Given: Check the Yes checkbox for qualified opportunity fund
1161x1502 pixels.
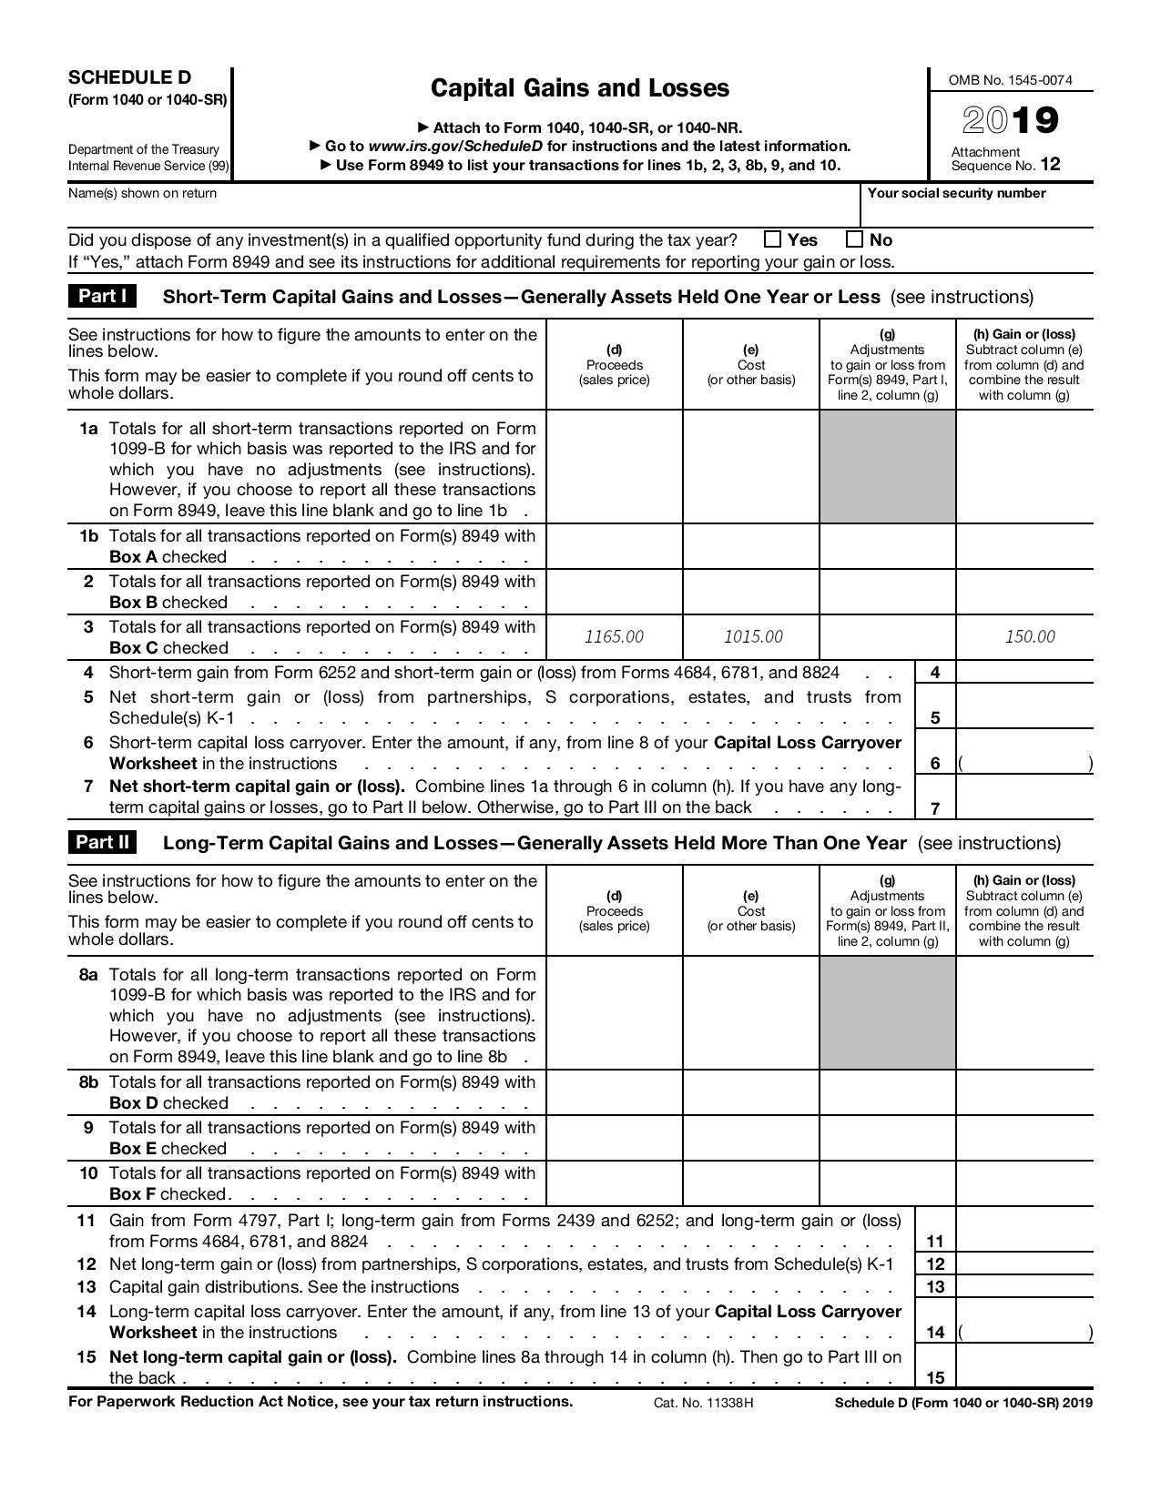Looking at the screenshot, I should [x=773, y=239].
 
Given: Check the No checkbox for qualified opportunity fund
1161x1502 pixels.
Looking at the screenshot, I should [x=854, y=239].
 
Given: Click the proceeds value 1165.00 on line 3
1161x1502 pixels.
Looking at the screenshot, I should [x=614, y=636].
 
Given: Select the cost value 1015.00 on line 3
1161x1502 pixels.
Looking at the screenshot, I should [x=752, y=636].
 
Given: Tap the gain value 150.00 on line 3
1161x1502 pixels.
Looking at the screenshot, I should [x=1030, y=636].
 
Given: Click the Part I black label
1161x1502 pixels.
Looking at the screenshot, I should [x=102, y=296].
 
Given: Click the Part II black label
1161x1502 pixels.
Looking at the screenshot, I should [x=102, y=842].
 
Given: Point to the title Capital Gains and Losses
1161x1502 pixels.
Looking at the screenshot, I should [x=579, y=88].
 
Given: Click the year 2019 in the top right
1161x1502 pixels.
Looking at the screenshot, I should [x=1011, y=120].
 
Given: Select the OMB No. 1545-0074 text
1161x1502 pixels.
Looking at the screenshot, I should [x=1010, y=80].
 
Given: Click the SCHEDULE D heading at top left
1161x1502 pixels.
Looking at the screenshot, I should [x=129, y=77].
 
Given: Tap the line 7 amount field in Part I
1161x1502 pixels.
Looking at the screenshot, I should [x=1024, y=797].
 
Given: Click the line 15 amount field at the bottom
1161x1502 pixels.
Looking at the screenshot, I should [x=1024, y=1365].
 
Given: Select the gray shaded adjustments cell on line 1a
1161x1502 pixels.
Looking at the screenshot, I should [x=888, y=466].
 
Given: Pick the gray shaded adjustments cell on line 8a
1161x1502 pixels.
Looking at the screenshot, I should [x=888, y=1012].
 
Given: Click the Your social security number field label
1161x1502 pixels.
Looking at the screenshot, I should [x=956, y=193].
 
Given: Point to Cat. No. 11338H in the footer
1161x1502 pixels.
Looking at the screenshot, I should [x=703, y=1403].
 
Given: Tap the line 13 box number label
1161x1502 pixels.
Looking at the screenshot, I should [x=935, y=1287].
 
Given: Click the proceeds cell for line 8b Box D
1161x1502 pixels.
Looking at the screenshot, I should [x=614, y=1092].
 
